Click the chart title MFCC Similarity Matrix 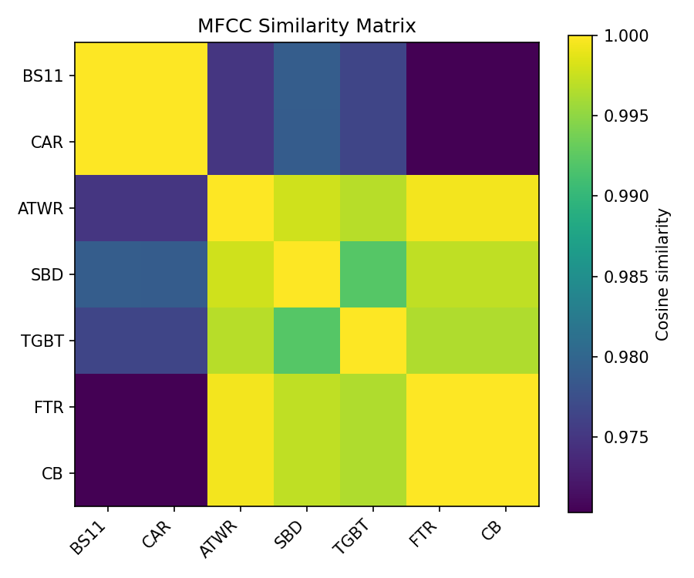pos(306,26)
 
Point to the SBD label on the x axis pos(291,533)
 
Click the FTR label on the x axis pos(424,533)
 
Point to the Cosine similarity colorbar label pos(662,274)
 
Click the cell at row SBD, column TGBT pos(373,274)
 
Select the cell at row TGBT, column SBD pos(307,341)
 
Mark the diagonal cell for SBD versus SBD pos(307,274)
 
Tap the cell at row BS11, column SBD pos(307,76)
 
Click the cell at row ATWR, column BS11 pos(108,208)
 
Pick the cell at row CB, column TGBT pos(373,473)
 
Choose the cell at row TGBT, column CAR pos(174,341)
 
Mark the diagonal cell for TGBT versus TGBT pos(373,341)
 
